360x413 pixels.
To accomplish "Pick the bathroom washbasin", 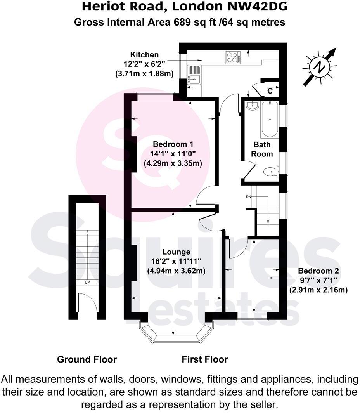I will (x=252, y=105).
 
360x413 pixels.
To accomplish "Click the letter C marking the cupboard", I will (x=270, y=91).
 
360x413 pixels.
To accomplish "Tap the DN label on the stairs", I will (x=249, y=197).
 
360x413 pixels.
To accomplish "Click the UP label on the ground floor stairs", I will (x=87, y=282).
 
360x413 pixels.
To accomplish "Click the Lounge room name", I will (x=176, y=252).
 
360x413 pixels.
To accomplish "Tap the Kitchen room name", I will (x=144, y=55).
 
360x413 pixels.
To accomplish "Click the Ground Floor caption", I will (x=87, y=359).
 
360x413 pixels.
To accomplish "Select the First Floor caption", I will (x=205, y=359).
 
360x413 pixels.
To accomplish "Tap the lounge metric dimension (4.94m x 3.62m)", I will (x=176, y=271).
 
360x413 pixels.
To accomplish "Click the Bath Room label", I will (x=262, y=149).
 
